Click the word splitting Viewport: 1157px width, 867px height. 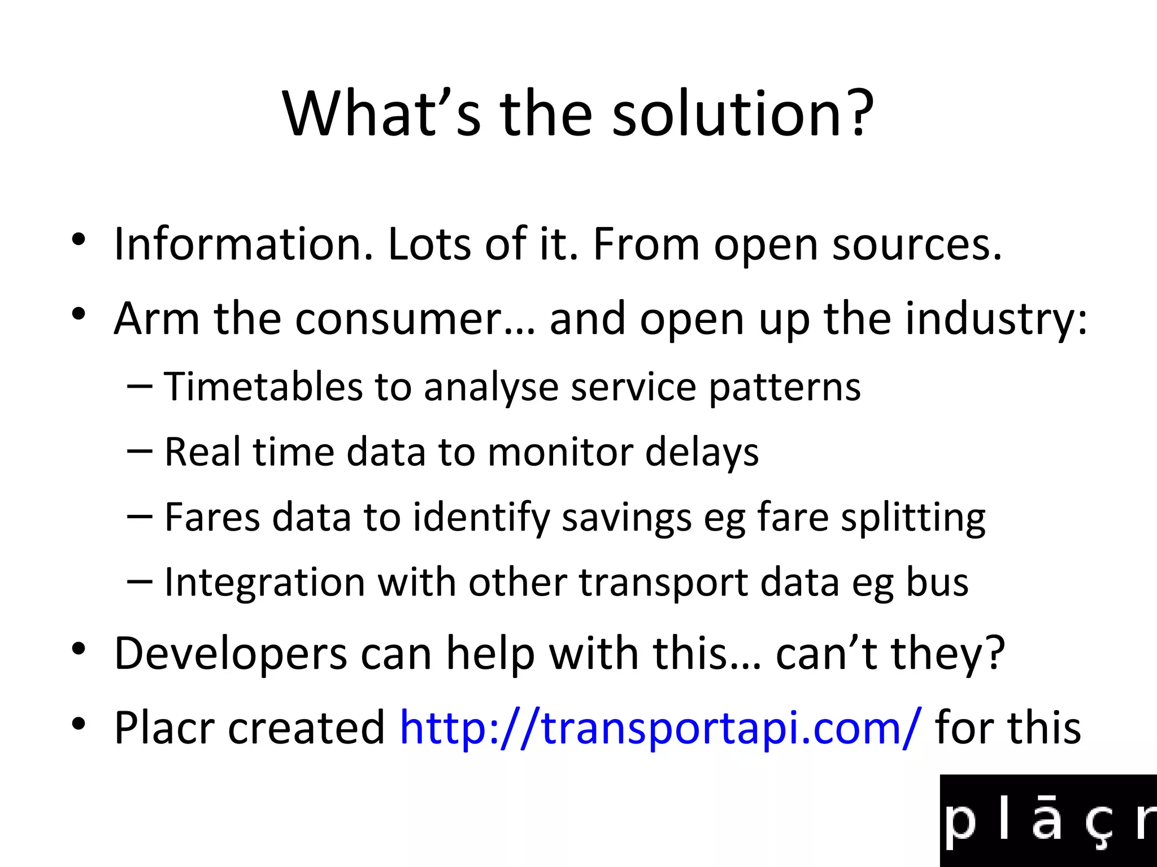coord(913,518)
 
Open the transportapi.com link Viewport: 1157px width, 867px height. coord(661,728)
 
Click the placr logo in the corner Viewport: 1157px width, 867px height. coord(1049,821)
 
